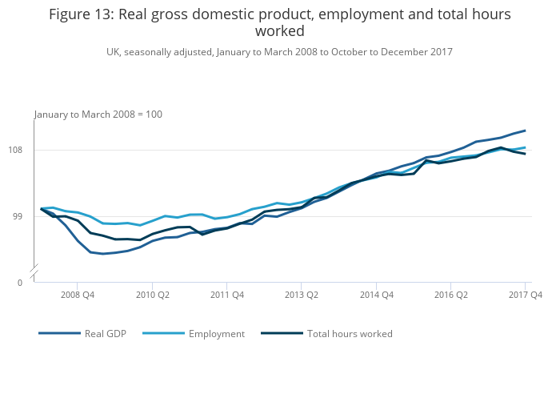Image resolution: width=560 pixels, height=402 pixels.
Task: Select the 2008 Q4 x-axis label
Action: (x=78, y=295)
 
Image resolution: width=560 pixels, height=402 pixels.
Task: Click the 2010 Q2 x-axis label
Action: (x=152, y=295)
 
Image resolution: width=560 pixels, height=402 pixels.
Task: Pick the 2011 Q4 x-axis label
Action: (x=227, y=295)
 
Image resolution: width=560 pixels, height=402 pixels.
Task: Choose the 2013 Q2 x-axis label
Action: (x=302, y=295)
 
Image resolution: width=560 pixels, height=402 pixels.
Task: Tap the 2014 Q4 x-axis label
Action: (x=376, y=295)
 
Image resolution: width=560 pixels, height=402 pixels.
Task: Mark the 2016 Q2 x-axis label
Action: (x=450, y=295)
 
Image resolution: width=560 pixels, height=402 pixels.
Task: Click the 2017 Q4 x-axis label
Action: (x=525, y=295)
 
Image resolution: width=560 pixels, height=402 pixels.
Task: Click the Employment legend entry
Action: (x=216, y=334)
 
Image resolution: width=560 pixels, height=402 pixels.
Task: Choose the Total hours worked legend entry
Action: (x=350, y=334)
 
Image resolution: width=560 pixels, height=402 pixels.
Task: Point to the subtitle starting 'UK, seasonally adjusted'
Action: (x=279, y=52)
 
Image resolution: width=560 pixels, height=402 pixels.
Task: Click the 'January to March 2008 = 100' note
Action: (x=98, y=115)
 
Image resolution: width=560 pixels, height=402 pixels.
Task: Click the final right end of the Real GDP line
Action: (x=525, y=130)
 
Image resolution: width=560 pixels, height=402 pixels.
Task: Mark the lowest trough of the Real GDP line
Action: (x=102, y=254)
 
